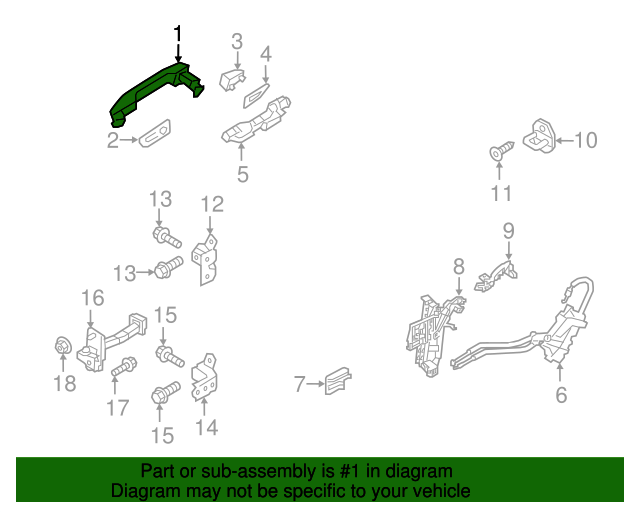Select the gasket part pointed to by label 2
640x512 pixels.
[154, 134]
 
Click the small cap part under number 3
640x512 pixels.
[232, 80]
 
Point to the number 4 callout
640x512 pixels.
[266, 54]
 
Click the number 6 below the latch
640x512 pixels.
[561, 395]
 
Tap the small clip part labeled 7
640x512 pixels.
[338, 381]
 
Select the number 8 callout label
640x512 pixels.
[458, 266]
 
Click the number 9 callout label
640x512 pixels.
[508, 231]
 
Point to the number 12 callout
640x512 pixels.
[212, 205]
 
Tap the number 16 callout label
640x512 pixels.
[92, 298]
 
